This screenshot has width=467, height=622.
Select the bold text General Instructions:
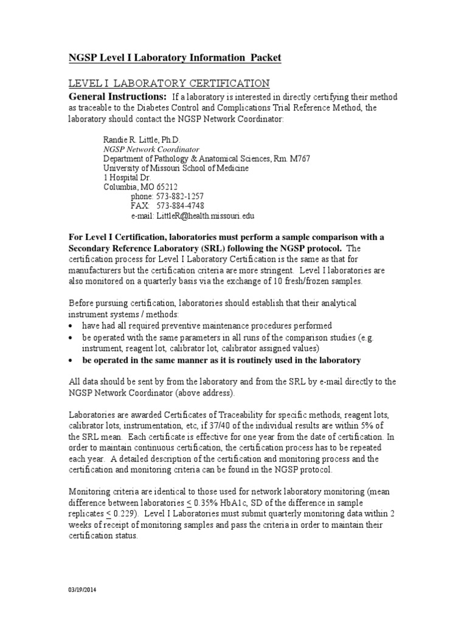pyautogui.click(x=117, y=97)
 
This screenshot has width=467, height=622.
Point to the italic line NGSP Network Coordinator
pyautogui.click(x=151, y=149)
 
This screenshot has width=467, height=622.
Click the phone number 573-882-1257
pyautogui.click(x=181, y=196)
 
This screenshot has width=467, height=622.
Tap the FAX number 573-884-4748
pyautogui.click(x=181, y=206)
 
